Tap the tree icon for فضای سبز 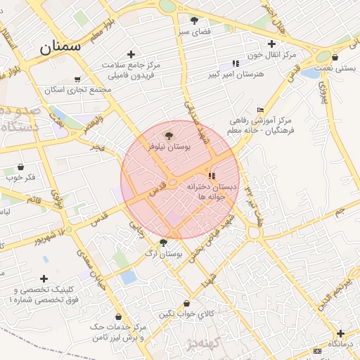(194, 20)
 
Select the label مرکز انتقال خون (272, 54)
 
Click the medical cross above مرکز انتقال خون (272, 44)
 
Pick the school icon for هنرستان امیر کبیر (236, 64)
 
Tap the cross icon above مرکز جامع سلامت (131, 54)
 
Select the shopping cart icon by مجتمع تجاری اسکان (77, 80)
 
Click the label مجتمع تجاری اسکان (77, 90)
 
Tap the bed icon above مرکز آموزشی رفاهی (260, 110)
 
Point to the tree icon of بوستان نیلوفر (167, 136)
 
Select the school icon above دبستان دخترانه (212, 176)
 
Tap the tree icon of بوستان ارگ (164, 243)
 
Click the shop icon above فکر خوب (20, 167)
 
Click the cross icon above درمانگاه (341, 333)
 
